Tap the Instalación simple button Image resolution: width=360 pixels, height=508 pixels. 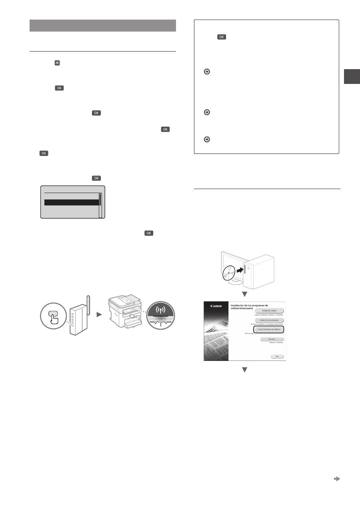click(x=272, y=310)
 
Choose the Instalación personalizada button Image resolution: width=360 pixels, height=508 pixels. click(x=272, y=320)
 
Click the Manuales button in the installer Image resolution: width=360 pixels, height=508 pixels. click(x=272, y=339)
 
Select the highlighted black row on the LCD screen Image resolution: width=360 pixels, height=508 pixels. click(x=71, y=203)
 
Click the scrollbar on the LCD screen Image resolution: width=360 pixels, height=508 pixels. click(x=100, y=205)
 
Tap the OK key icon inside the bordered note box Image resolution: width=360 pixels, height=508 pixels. click(x=222, y=37)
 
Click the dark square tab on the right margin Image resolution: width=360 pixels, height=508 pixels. click(x=352, y=76)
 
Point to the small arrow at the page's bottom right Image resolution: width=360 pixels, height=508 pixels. click(x=337, y=478)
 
